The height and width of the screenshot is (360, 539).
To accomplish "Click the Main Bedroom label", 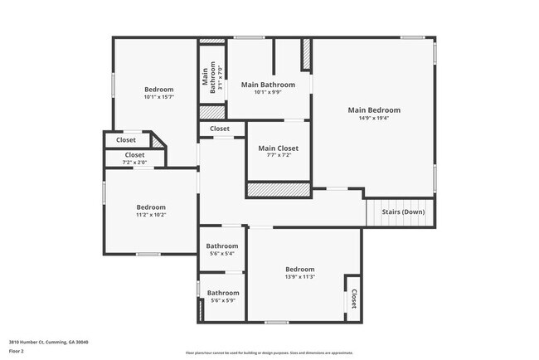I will (374, 110).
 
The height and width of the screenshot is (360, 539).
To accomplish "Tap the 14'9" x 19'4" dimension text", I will (374, 119).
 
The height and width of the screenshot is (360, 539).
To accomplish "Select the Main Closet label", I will (278, 148).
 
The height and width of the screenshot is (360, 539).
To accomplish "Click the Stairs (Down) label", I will (403, 212).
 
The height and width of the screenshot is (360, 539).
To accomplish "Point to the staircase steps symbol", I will (401, 212).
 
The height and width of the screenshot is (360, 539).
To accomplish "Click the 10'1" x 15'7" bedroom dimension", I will (158, 98).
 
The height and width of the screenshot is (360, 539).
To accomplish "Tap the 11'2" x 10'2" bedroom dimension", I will (151, 215).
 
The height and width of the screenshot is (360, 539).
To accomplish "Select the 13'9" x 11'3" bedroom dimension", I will (300, 277).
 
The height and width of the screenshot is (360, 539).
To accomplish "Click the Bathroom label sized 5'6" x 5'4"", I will (222, 246).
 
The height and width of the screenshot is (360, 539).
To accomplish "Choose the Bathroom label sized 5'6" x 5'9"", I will (222, 292).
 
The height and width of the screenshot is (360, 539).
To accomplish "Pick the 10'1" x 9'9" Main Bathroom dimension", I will (268, 92).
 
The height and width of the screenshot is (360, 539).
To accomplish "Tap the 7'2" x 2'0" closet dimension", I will (134, 162).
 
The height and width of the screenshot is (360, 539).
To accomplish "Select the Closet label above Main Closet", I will (220, 129).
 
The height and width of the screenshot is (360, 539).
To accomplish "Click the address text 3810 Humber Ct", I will (48, 342).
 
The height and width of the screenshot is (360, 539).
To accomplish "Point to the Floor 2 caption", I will (17, 351).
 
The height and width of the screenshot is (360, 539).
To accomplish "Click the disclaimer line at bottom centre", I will (269, 353).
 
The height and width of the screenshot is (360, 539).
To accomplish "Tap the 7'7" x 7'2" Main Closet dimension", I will (278, 157).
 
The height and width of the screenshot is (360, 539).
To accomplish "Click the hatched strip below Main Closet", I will (279, 190).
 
